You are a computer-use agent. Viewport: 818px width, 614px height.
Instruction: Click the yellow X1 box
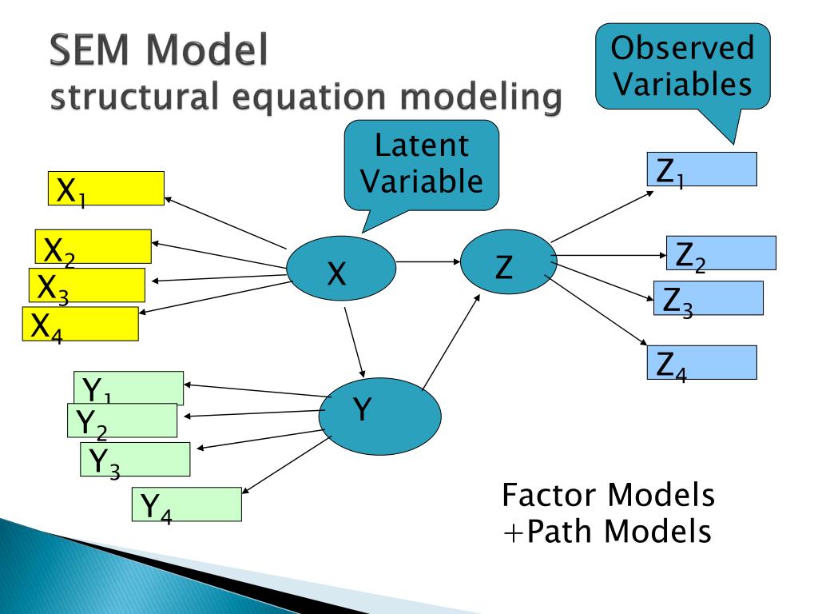[106, 188]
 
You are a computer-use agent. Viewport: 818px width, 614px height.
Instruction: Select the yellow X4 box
[80, 324]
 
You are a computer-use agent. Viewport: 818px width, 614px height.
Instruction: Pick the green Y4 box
[187, 504]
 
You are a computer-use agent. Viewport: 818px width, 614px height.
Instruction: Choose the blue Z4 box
[702, 362]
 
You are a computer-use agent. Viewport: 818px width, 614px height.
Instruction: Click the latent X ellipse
[340, 267]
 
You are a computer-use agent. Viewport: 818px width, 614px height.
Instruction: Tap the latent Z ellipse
[507, 261]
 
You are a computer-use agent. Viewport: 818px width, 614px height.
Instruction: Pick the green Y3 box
[135, 460]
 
